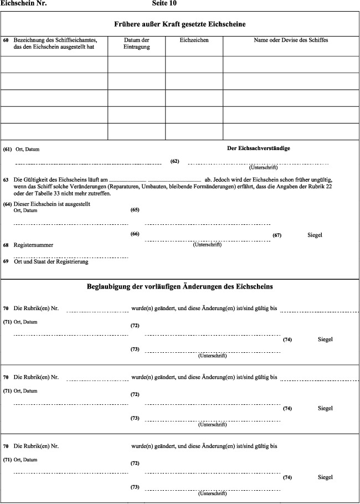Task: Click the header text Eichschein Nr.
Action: coord(24,3)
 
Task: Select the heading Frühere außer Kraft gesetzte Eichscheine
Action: coord(180,24)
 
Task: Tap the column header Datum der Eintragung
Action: coord(136,44)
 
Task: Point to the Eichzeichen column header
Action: coord(194,40)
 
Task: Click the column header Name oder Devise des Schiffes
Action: coord(291,40)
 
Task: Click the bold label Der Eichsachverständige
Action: coord(259,148)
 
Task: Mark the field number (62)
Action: coord(175,161)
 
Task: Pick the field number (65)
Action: coord(135,210)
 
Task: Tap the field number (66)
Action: coord(135,234)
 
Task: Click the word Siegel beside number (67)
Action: coord(315,235)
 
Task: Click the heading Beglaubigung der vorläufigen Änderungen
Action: coord(180,287)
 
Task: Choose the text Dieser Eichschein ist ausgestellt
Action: coord(52,204)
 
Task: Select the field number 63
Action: coord(6,180)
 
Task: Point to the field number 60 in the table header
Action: coord(6,40)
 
